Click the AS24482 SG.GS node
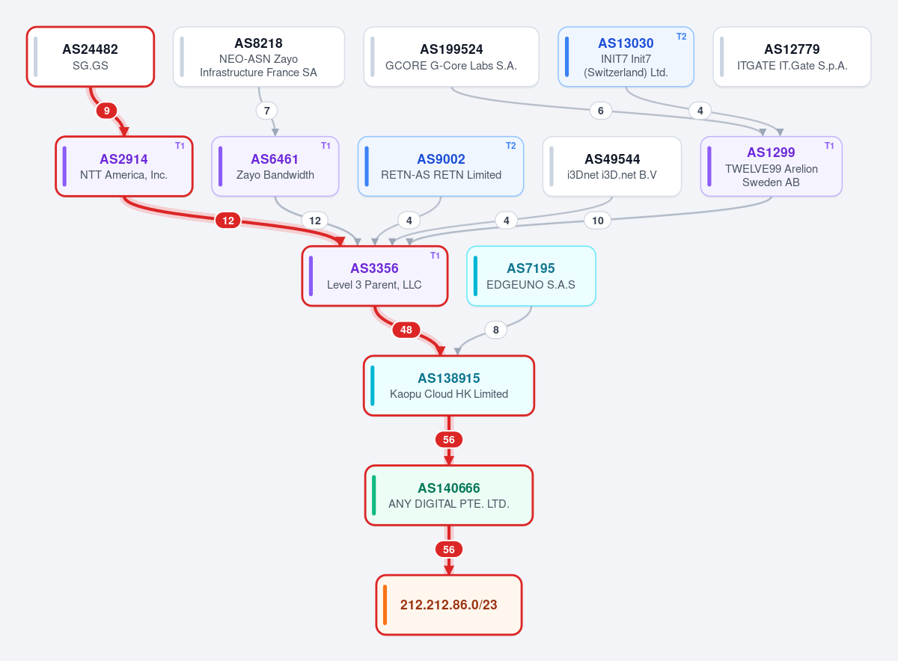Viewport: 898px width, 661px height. point(91,57)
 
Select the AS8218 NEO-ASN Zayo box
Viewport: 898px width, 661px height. point(259,57)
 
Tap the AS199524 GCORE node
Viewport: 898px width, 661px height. point(451,57)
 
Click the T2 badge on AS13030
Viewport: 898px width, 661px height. point(681,37)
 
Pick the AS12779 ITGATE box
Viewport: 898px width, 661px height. point(792,57)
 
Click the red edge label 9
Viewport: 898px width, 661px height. point(106,111)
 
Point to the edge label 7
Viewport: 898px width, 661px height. point(267,111)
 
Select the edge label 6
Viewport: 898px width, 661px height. point(600,111)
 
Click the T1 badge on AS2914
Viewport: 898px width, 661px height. point(180,146)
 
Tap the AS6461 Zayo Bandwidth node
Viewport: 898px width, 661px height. point(275,166)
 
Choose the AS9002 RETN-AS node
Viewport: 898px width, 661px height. point(441,166)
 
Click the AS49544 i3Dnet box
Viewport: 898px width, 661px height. point(612,166)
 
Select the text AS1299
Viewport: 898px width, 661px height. point(771,153)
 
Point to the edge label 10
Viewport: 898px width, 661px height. point(598,221)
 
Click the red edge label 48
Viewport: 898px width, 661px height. point(406,330)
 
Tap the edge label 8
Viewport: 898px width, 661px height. point(496,330)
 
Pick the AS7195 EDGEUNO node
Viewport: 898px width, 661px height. point(531,276)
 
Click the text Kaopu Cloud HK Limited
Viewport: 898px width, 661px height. point(448,394)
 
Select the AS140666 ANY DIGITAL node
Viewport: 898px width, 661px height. point(448,495)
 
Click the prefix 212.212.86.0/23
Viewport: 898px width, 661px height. point(448,605)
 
